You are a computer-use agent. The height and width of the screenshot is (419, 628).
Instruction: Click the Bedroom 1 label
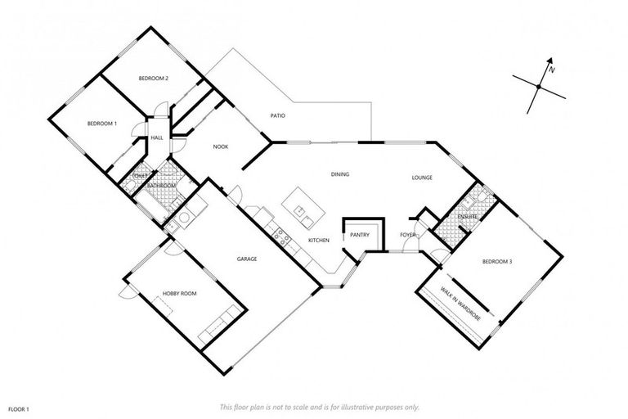tap(102, 124)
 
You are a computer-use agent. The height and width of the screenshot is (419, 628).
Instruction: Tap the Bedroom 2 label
tap(153, 79)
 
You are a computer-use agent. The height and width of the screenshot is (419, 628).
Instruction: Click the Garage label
tap(247, 259)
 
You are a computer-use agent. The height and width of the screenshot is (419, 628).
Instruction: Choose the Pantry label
tap(360, 235)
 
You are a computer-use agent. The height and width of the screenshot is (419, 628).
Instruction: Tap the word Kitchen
tap(318, 240)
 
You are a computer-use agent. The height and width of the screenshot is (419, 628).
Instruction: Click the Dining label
tap(340, 174)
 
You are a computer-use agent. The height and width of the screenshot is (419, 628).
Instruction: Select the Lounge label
tap(422, 178)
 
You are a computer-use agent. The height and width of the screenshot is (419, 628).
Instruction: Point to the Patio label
tap(278, 115)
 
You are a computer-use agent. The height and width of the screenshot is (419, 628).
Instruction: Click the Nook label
tap(220, 146)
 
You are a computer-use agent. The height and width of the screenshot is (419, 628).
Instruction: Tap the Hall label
tap(156, 137)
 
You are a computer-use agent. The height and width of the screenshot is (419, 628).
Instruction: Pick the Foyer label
tap(408, 236)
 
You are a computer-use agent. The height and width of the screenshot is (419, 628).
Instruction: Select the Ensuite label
tap(467, 215)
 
